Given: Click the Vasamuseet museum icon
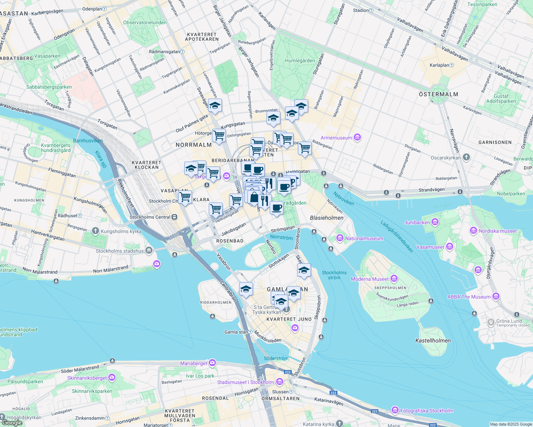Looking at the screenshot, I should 449,247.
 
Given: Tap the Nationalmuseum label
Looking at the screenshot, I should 364,238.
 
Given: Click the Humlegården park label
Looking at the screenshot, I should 300,60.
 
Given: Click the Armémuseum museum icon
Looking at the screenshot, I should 357,137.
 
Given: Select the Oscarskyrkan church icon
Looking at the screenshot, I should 466,157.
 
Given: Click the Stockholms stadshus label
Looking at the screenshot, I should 119,251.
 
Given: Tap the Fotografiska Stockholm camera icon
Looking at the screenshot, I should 395,410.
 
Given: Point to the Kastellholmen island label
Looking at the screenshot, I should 433,341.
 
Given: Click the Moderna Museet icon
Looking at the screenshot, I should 394,279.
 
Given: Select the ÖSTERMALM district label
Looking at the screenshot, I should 438,94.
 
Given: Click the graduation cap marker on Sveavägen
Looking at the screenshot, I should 215,106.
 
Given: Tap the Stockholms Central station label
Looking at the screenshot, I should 150,217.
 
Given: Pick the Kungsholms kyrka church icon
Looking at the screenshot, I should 95,231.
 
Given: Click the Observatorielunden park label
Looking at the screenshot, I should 145,22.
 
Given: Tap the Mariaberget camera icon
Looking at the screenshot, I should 212,363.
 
